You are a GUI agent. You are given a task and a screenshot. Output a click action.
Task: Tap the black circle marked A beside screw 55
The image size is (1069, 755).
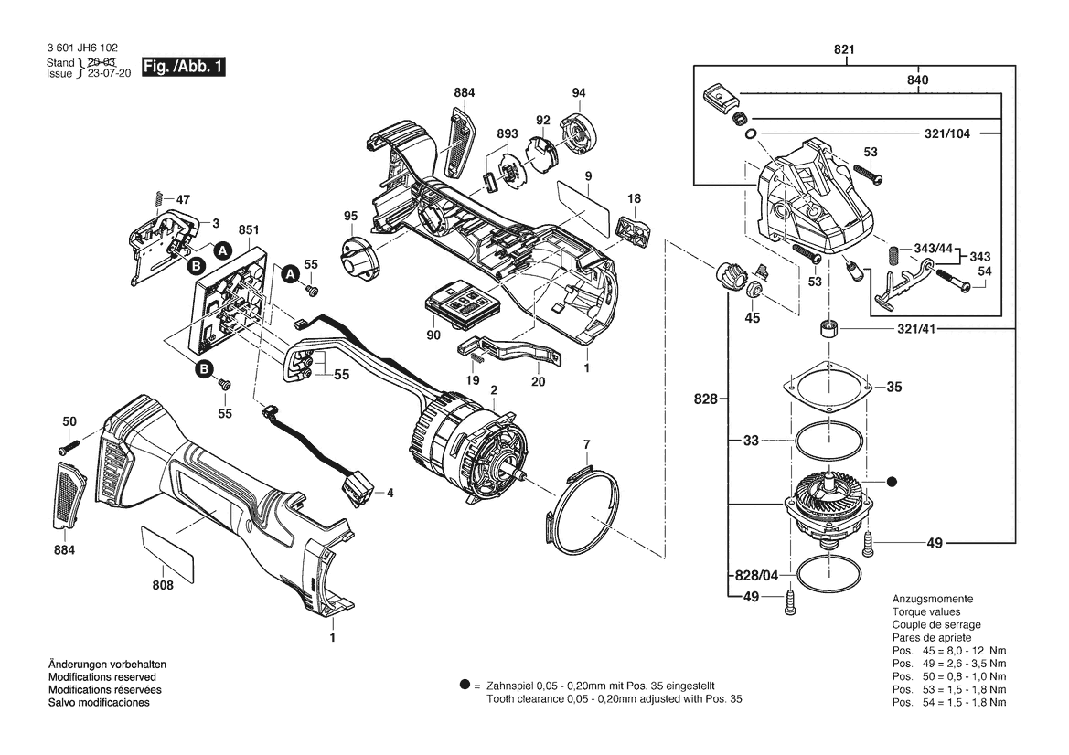pos(290,274)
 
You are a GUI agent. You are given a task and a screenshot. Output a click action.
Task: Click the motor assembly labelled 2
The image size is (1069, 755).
pos(466,448)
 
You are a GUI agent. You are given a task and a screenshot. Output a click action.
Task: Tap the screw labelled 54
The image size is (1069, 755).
pos(951,284)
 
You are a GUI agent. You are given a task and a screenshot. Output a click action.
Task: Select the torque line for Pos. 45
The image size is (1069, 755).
pos(949,650)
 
